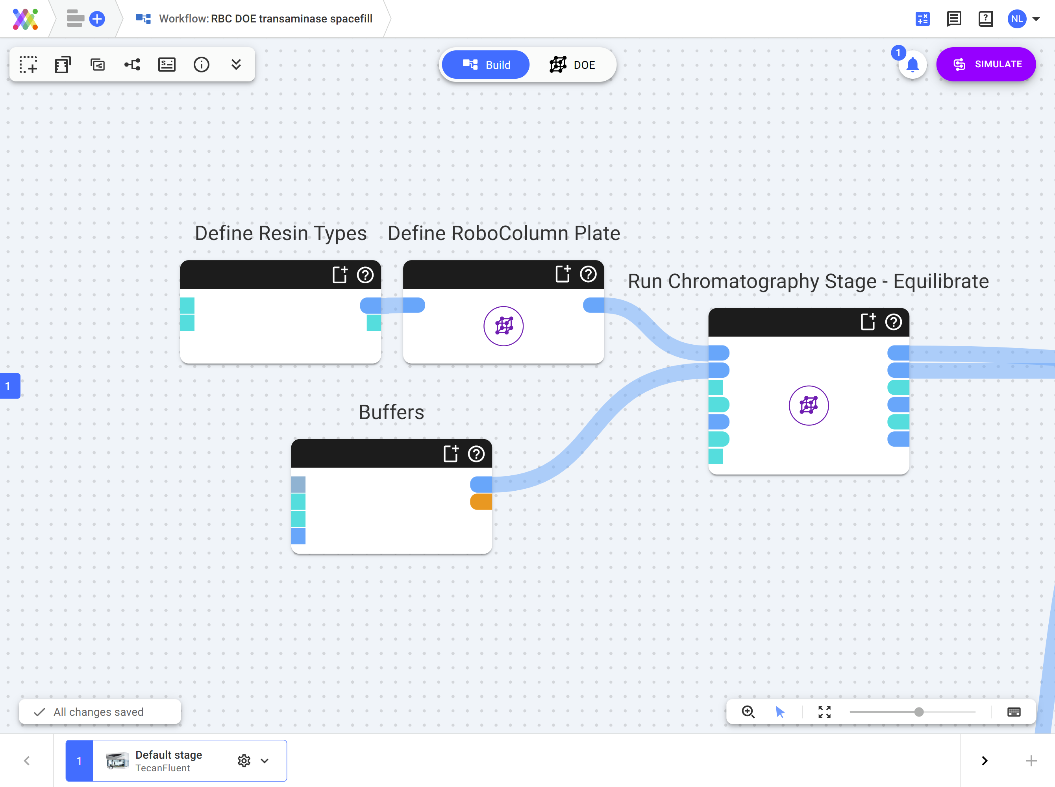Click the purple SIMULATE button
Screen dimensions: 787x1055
pos(985,64)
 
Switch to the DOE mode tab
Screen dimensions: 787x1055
pos(572,65)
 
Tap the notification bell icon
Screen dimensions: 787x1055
pos(912,65)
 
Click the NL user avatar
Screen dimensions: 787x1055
pos(1016,19)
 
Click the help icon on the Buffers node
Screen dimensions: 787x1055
pos(476,454)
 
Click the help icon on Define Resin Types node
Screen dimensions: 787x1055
pos(365,275)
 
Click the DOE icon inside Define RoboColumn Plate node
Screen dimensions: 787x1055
pos(503,326)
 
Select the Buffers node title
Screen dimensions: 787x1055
pos(391,412)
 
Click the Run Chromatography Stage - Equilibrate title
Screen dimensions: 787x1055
pos(808,281)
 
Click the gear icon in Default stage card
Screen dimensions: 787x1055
pos(244,761)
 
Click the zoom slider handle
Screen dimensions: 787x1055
pos(919,712)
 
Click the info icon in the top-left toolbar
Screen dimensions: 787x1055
pos(201,64)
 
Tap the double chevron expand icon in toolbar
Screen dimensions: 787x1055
pos(236,64)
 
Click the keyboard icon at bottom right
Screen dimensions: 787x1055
pos(1014,712)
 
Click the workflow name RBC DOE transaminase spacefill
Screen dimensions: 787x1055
pos(292,19)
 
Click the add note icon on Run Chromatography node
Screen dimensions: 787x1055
pos(868,321)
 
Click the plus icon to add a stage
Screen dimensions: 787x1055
pos(1031,761)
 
